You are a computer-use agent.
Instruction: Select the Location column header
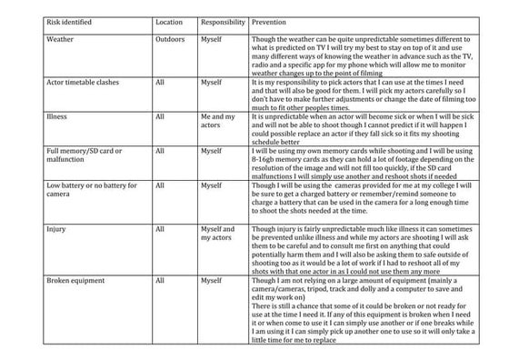(169, 19)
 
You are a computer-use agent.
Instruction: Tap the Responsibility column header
(223, 19)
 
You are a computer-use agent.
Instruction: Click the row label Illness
(56, 117)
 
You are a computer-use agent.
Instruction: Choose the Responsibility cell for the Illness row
(218, 122)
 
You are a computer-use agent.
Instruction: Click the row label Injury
(55, 229)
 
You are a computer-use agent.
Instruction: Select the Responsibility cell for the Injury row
(218, 234)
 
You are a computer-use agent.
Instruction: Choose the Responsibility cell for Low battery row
(211, 185)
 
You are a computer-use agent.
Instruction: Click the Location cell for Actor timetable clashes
(160, 83)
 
